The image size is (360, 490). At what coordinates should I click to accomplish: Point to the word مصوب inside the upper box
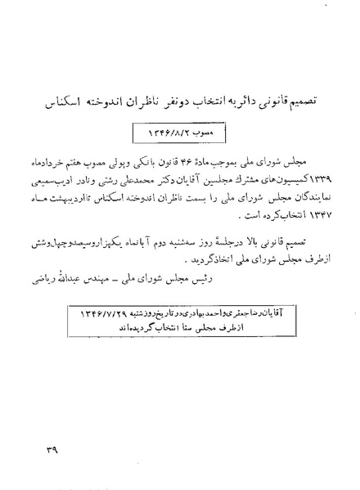(x=203, y=130)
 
